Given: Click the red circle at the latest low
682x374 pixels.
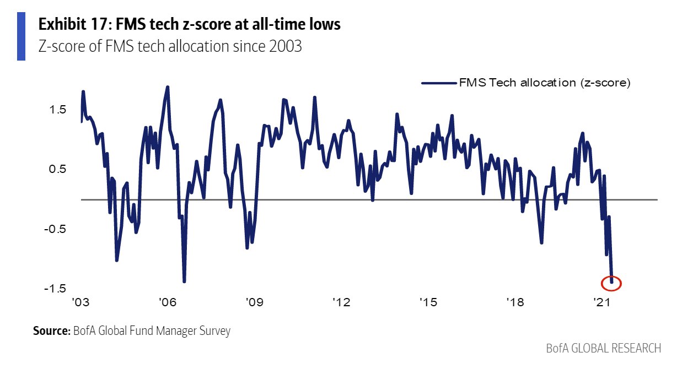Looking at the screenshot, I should (611, 283).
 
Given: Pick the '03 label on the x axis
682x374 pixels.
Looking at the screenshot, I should (81, 302).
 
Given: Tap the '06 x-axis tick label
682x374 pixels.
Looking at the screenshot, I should (168, 302).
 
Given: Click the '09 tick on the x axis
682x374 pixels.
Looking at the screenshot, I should (254, 302).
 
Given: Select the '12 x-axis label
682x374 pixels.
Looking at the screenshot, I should (341, 302).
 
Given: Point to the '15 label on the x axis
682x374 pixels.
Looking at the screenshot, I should (428, 302).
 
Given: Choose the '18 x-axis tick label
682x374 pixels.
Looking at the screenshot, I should (514, 302).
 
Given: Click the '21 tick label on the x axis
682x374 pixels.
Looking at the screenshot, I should (601, 302).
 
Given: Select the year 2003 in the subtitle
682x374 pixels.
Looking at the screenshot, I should (285, 46).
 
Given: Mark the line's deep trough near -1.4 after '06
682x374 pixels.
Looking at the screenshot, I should (184, 281).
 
